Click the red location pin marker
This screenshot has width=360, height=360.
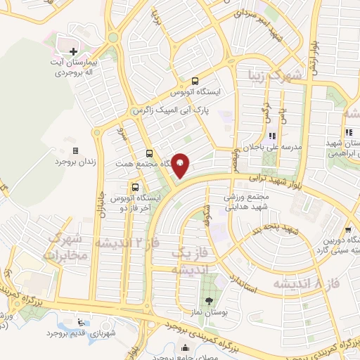(x=180, y=166)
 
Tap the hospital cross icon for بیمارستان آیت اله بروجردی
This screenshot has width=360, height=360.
(x=74, y=51)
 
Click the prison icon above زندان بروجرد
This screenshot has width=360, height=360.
(x=75, y=150)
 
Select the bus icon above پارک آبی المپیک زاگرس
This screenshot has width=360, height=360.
(x=195, y=80)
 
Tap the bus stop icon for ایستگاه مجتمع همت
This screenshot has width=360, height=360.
(x=149, y=153)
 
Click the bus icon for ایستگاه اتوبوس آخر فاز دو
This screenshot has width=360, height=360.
(x=134, y=186)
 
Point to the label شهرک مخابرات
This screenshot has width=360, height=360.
(x=67, y=246)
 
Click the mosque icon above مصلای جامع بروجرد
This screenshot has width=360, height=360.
(x=185, y=347)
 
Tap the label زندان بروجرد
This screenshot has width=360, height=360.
(x=75, y=162)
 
